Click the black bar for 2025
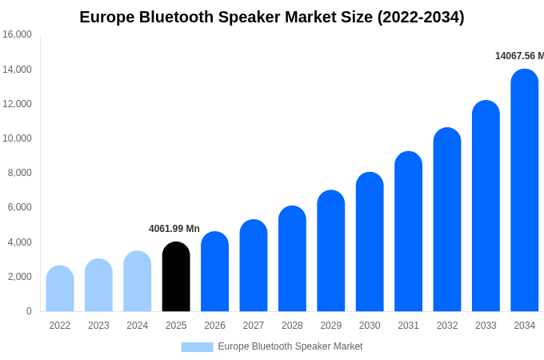click(x=176, y=277)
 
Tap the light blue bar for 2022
click(x=60, y=289)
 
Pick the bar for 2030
click(x=370, y=242)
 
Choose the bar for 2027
click(x=254, y=266)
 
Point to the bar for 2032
click(x=447, y=220)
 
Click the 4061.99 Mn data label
click(x=174, y=229)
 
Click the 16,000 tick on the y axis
click(x=17, y=34)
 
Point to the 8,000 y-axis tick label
click(x=19, y=173)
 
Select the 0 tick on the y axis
click(x=29, y=311)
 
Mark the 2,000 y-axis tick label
click(x=19, y=277)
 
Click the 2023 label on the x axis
click(x=98, y=326)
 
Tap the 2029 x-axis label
click(x=331, y=326)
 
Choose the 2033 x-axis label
click(x=486, y=326)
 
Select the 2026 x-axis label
click(x=214, y=326)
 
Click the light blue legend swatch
click(x=197, y=347)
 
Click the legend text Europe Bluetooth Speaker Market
click(x=290, y=346)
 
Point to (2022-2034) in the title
click(x=421, y=17)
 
